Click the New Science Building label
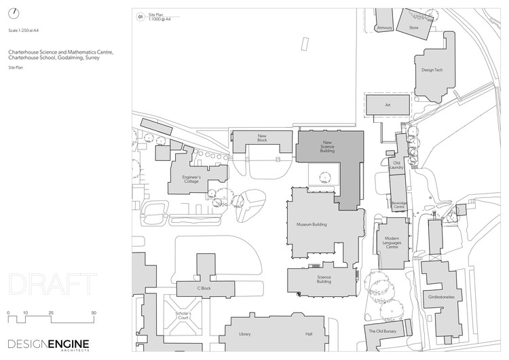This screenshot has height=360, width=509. [327, 147]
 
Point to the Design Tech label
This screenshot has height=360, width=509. [432, 70]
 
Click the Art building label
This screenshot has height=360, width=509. [388, 105]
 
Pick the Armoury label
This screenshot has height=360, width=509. [385, 28]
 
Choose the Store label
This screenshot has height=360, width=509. [414, 28]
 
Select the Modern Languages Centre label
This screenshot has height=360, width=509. [392, 242]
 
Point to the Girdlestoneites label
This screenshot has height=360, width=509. [440, 296]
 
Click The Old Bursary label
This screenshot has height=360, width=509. [381, 331]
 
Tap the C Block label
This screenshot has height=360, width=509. [205, 288]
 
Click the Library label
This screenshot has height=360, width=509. [245, 334]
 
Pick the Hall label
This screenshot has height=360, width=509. [309, 334]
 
